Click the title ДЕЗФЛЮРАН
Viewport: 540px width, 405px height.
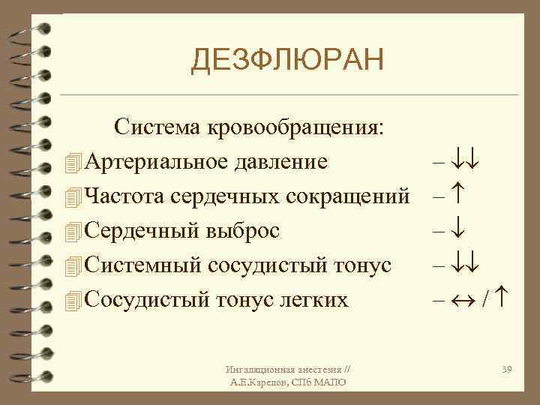tap(286, 60)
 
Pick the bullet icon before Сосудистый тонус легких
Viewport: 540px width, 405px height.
tap(72, 300)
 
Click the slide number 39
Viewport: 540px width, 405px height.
tap(506, 370)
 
